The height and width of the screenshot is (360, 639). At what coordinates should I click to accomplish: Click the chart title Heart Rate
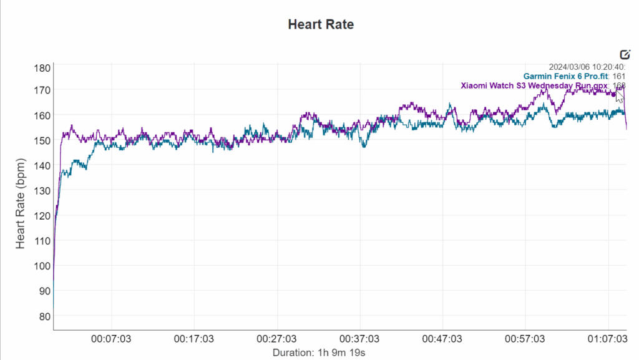320,25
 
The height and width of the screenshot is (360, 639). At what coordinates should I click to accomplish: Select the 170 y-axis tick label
42,90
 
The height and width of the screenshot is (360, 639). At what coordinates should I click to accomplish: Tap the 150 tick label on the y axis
42,140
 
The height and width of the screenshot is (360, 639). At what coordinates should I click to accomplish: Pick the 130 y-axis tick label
42,190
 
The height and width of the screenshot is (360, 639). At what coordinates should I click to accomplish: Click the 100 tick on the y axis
42,266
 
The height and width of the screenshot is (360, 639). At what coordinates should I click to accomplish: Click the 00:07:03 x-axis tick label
112,339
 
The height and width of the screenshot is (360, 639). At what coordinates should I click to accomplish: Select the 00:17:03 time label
195,339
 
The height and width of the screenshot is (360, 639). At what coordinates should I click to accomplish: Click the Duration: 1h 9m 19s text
319,353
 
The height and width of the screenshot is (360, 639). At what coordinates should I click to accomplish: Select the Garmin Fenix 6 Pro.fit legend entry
565,76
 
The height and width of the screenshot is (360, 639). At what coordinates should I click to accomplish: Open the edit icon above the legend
625,54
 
